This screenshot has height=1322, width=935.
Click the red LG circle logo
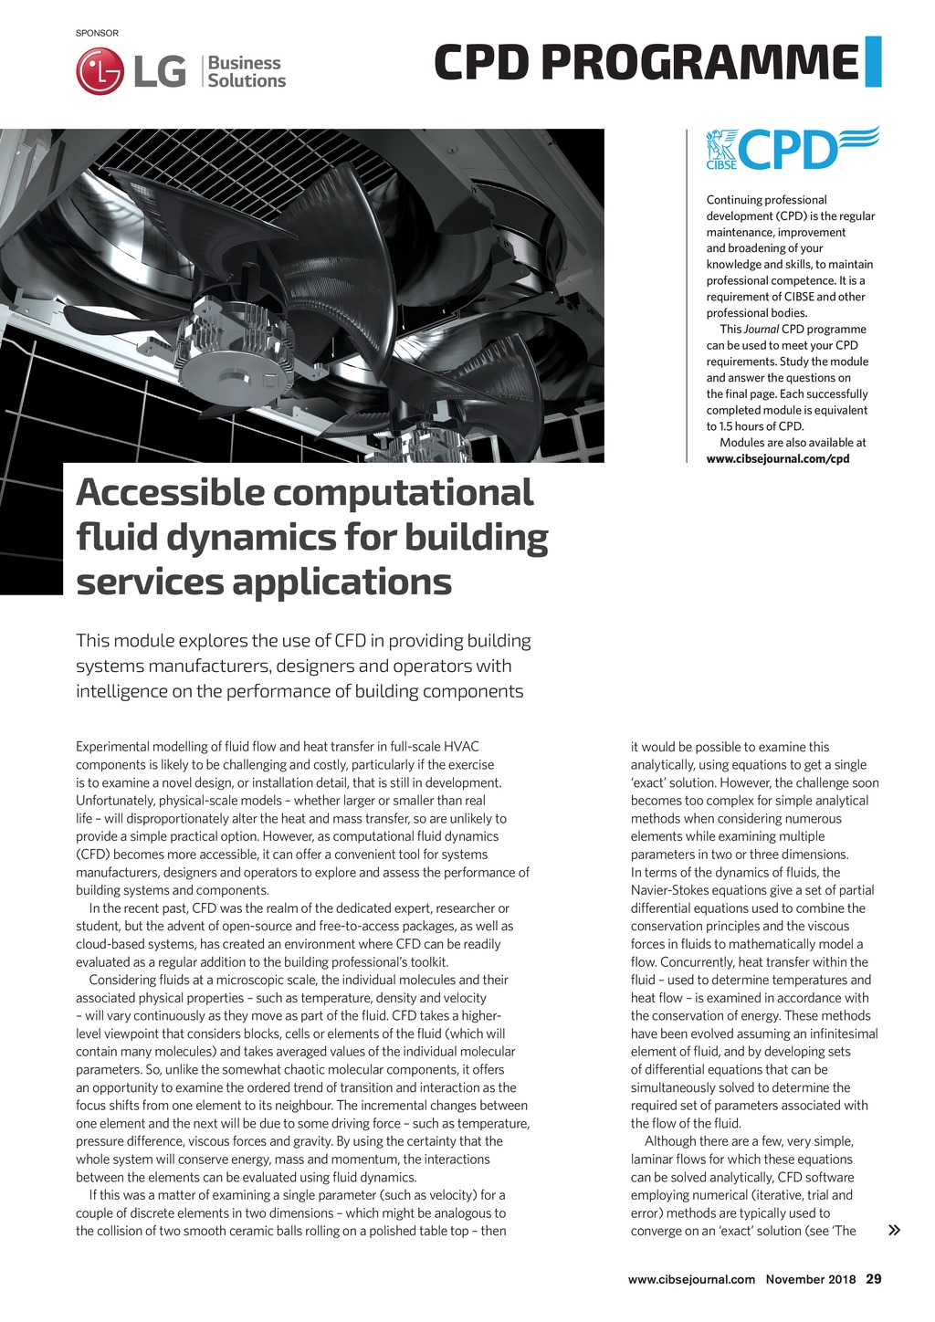pos(100,71)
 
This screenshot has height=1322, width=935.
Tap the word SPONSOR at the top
pos(97,33)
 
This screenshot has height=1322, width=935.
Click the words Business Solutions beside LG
pos(246,71)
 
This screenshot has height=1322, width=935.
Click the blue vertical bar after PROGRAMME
pos(872,62)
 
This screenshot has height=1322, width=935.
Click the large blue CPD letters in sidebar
pos(787,150)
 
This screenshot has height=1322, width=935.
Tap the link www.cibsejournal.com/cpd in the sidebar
pos(778,458)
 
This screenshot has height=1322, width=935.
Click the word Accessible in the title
pos(170,493)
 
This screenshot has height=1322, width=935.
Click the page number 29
pos(874,1278)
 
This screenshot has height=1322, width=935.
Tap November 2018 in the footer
pos(811,1279)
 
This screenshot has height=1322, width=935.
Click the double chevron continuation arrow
pos(894,1230)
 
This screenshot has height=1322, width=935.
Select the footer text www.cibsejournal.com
pos(691,1279)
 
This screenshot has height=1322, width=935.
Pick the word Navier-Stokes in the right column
pos(673,890)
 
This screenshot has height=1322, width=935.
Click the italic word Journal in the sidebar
pos(762,329)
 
